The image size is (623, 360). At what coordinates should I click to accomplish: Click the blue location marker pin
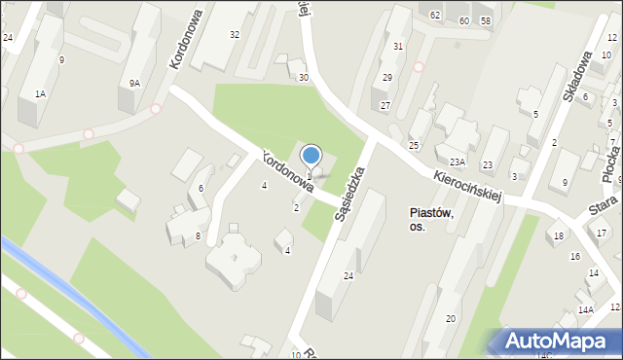tap(311, 155)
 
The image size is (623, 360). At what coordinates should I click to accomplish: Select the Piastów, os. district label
tap(429, 219)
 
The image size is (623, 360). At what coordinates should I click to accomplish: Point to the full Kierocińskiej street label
tap(468, 182)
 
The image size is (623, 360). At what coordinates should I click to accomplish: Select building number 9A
tap(134, 84)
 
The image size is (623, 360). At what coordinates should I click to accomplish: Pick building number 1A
tap(40, 93)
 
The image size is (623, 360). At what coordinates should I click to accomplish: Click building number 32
tap(235, 34)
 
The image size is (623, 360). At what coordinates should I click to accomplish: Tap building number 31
tap(398, 47)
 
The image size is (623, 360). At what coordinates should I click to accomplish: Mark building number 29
tap(387, 78)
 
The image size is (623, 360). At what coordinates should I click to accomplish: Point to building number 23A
tap(458, 162)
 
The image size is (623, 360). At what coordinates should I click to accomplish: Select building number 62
tap(435, 17)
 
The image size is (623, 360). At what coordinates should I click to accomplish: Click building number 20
tap(451, 319)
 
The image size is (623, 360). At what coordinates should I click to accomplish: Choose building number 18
tap(559, 236)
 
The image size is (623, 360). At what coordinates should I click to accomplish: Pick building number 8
tap(198, 236)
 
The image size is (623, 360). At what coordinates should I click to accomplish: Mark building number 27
tap(385, 105)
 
